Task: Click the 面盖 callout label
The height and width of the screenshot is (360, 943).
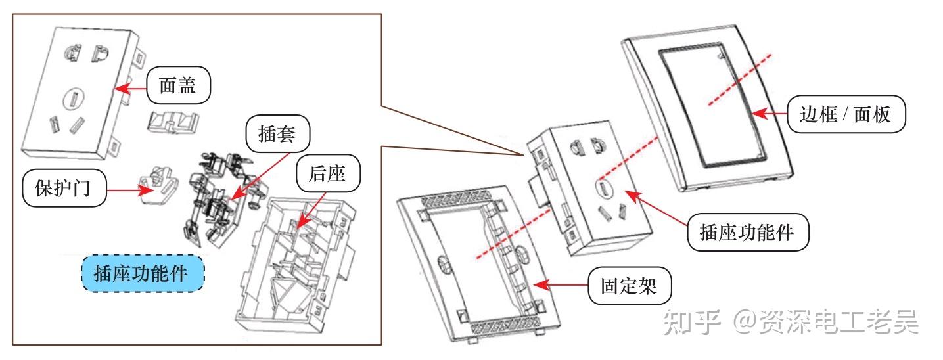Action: (177, 85)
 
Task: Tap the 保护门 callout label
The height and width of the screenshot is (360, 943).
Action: (64, 189)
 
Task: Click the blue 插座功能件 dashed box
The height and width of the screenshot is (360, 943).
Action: (143, 275)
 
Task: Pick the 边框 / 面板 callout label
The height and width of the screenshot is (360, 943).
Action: (846, 115)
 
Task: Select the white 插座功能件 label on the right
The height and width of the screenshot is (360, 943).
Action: (747, 231)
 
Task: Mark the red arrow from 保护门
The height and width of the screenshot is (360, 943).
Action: (129, 191)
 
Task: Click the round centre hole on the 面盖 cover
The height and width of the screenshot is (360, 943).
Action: (72, 101)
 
